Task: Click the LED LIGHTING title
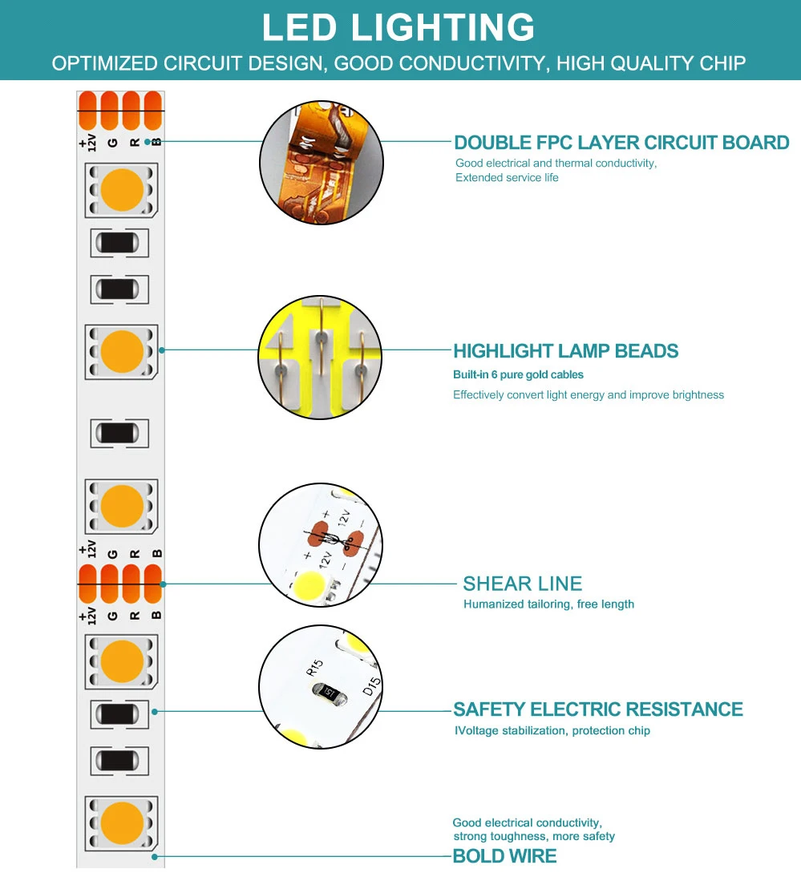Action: point(398,27)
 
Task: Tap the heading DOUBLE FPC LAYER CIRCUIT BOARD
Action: point(621,143)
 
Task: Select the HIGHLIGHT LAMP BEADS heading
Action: point(565,351)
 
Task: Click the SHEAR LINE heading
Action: point(522,584)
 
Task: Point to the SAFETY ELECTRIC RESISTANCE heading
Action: point(597,709)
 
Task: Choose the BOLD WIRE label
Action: point(504,856)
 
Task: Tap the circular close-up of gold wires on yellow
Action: point(319,357)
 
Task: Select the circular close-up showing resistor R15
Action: point(319,687)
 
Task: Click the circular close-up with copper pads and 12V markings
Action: point(319,545)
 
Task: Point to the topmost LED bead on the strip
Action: point(122,190)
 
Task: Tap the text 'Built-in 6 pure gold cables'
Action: point(518,374)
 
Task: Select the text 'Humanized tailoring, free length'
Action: point(548,604)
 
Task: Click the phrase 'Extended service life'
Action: point(507,177)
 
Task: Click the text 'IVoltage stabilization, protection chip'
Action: point(552,730)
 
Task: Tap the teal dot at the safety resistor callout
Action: point(155,710)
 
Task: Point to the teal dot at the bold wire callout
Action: point(155,856)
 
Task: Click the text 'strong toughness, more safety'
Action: point(534,836)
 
